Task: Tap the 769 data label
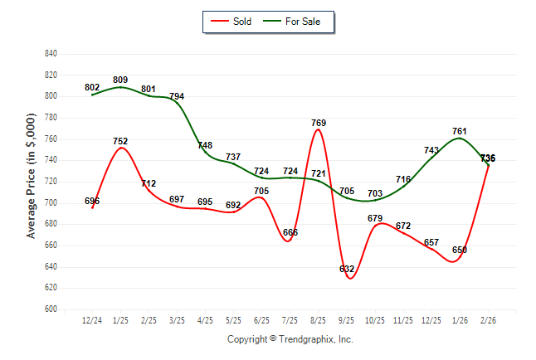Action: point(319,124)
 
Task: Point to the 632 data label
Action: point(347,269)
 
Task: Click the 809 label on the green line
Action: point(120,80)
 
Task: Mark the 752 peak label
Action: point(120,141)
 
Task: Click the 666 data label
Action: point(290,232)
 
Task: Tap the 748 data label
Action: point(205,145)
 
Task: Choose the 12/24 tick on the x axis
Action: point(92,321)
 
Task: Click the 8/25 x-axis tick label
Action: point(319,321)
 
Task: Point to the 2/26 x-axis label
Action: point(489,321)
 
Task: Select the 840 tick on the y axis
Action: point(51,54)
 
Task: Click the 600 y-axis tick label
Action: point(51,309)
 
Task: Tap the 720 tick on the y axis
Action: point(51,182)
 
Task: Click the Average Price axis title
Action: point(32,182)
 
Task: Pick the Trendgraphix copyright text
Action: point(290,339)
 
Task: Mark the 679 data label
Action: point(375,219)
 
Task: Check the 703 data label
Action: point(375,192)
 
